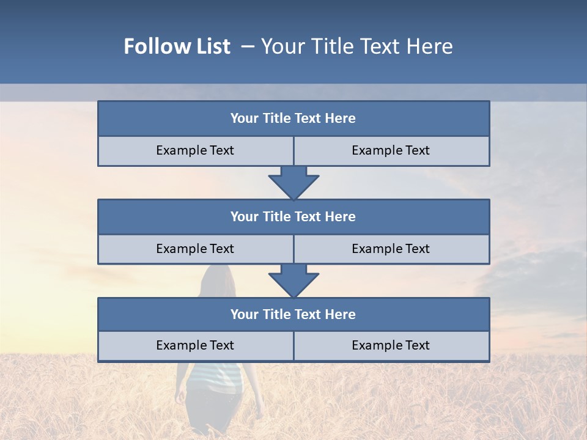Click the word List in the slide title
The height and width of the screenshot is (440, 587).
pyautogui.click(x=208, y=46)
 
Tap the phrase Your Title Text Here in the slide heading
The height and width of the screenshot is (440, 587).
pyautogui.click(x=357, y=46)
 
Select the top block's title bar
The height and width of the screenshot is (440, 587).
pyautogui.click(x=293, y=119)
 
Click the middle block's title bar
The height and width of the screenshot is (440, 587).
pyautogui.click(x=293, y=216)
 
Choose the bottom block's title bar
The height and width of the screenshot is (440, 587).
pyautogui.click(x=293, y=314)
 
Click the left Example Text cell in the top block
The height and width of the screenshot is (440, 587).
pyautogui.click(x=195, y=151)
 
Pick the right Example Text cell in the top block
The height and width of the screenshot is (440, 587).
pyautogui.click(x=391, y=151)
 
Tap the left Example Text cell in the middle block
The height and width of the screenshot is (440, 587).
pyautogui.click(x=195, y=249)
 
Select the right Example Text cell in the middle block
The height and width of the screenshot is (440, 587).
pyautogui.click(x=391, y=249)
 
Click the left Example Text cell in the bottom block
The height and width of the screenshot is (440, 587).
pyautogui.click(x=195, y=346)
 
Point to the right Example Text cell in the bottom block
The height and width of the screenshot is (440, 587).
pyautogui.click(x=391, y=346)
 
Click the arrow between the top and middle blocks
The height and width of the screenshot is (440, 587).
pyautogui.click(x=293, y=182)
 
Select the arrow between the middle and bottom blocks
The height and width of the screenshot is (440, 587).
pyautogui.click(x=293, y=280)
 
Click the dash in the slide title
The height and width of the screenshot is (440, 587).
pyautogui.click(x=248, y=46)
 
